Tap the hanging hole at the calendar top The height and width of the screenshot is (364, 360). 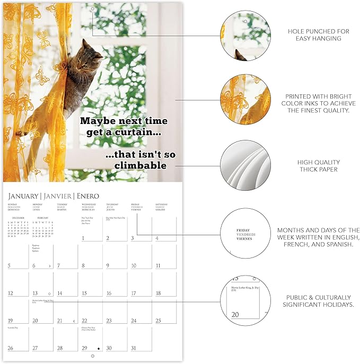pos(92,10)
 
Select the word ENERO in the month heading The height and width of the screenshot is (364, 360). pos(87,196)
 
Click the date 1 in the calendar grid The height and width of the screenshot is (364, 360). pos(84,238)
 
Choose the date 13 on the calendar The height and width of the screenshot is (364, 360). pos(35,293)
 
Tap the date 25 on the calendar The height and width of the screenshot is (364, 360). pos(157,321)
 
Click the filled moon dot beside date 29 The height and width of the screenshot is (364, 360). pos(98,348)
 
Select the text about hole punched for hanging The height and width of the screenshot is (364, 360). pos(318,35)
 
